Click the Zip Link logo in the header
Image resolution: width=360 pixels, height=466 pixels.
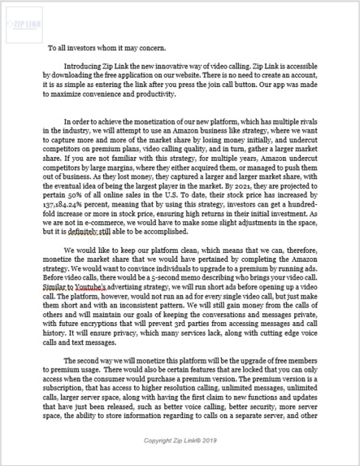click(25, 26)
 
